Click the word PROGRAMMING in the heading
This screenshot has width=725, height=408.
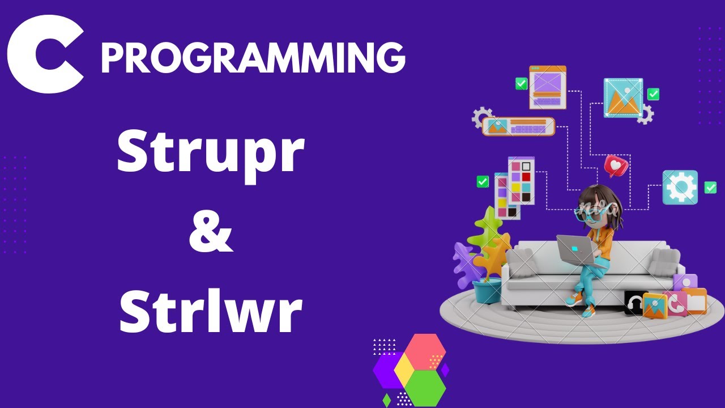coord(253,58)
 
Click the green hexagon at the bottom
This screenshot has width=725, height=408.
coord(425,387)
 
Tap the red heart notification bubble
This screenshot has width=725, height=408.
coord(615,165)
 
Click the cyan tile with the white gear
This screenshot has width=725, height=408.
coord(680,188)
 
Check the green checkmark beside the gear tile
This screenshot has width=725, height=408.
coord(710,188)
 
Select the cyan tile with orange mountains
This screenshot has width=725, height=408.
coord(623,98)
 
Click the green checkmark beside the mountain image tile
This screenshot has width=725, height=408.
coord(654,94)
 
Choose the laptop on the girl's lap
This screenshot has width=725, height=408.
coord(575,250)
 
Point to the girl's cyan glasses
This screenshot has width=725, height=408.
coord(589,211)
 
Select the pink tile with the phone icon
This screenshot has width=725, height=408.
coord(674,303)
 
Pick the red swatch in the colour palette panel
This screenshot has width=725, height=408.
coord(526,177)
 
